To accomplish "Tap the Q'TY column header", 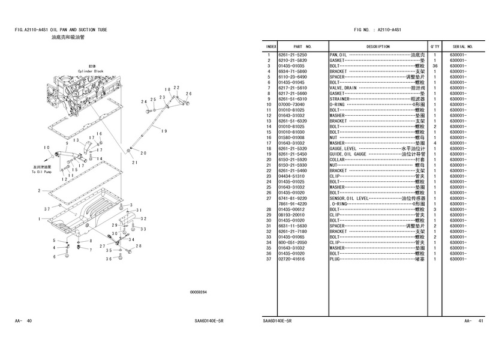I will point(434,46).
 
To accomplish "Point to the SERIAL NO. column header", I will point(463,46).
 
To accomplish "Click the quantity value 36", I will point(434,66).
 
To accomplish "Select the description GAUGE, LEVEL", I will point(343,149).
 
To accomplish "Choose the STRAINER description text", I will point(340,98).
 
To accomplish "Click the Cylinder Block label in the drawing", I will point(91,71).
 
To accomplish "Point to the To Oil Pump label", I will point(42,172).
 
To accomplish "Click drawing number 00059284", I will point(199,292).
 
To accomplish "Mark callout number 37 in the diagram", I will point(47,209).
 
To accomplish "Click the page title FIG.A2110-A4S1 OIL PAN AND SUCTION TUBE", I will point(61,29).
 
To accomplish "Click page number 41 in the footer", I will point(481,321).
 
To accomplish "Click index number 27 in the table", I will point(270,199).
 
